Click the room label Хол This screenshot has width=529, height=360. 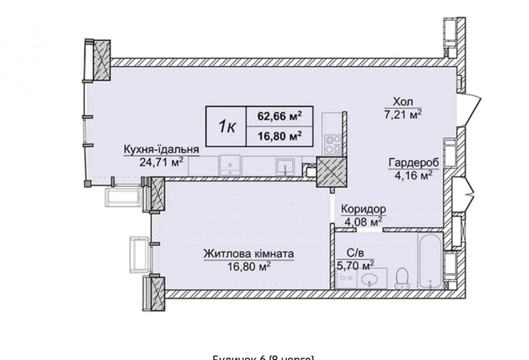403,101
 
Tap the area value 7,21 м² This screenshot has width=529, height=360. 403,113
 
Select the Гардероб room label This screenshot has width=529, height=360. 411,162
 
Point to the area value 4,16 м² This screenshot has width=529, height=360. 411,174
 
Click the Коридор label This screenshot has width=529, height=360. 363,209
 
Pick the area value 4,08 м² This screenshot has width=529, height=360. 363,221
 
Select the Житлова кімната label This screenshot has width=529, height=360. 248,254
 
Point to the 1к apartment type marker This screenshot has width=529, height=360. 226,126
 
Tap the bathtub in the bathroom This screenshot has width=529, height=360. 429,259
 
